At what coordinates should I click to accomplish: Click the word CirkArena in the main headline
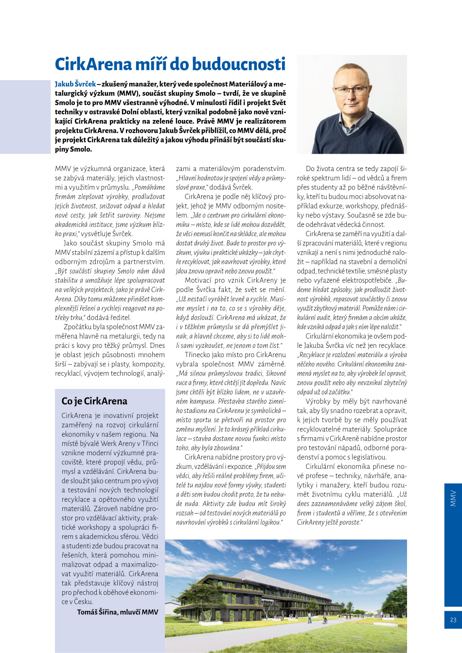[x=93, y=64]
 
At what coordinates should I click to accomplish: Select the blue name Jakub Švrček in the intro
[x=75, y=84]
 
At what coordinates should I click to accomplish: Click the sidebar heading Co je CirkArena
[x=94, y=401]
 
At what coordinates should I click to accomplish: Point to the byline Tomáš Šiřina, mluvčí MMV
[x=117, y=612]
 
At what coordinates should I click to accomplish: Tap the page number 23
[x=453, y=620]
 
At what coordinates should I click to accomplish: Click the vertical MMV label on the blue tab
[x=453, y=498]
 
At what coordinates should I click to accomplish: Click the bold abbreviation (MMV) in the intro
[x=128, y=93]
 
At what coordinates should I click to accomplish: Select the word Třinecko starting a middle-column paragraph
[x=198, y=355]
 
